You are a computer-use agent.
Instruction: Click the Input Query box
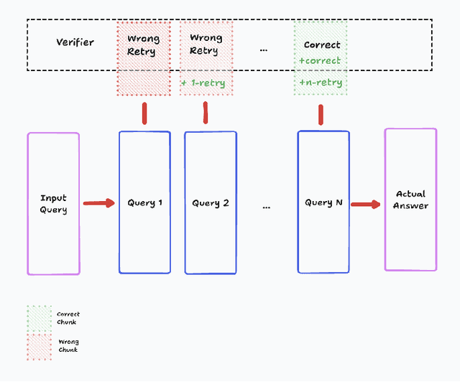coord(54,204)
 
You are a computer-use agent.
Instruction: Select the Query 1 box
coord(144,202)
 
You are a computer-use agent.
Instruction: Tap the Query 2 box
coord(210,203)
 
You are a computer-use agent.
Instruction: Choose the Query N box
coord(323,202)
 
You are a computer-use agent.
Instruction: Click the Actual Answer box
coord(410,200)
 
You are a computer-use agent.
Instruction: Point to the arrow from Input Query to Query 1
coord(98,203)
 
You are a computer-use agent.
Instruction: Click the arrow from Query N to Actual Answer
coord(366,204)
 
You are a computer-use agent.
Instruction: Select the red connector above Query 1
coord(144,113)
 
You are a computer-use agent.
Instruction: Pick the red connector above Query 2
coord(206,112)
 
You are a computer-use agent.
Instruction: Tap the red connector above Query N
coord(321,114)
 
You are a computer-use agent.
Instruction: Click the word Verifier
coord(75,42)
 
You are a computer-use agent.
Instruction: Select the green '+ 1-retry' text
coord(203,83)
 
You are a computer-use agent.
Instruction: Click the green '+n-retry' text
coord(321,83)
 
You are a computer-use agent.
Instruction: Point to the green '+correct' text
coord(320,61)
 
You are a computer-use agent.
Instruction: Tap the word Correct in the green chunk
coord(321,45)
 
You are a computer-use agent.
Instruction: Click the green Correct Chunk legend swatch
coord(39,317)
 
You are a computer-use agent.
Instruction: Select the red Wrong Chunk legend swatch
coord(39,345)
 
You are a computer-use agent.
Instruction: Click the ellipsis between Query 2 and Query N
coord(267,206)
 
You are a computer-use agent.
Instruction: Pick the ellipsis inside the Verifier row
coord(263,49)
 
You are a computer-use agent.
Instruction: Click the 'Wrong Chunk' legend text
coord(68,345)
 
